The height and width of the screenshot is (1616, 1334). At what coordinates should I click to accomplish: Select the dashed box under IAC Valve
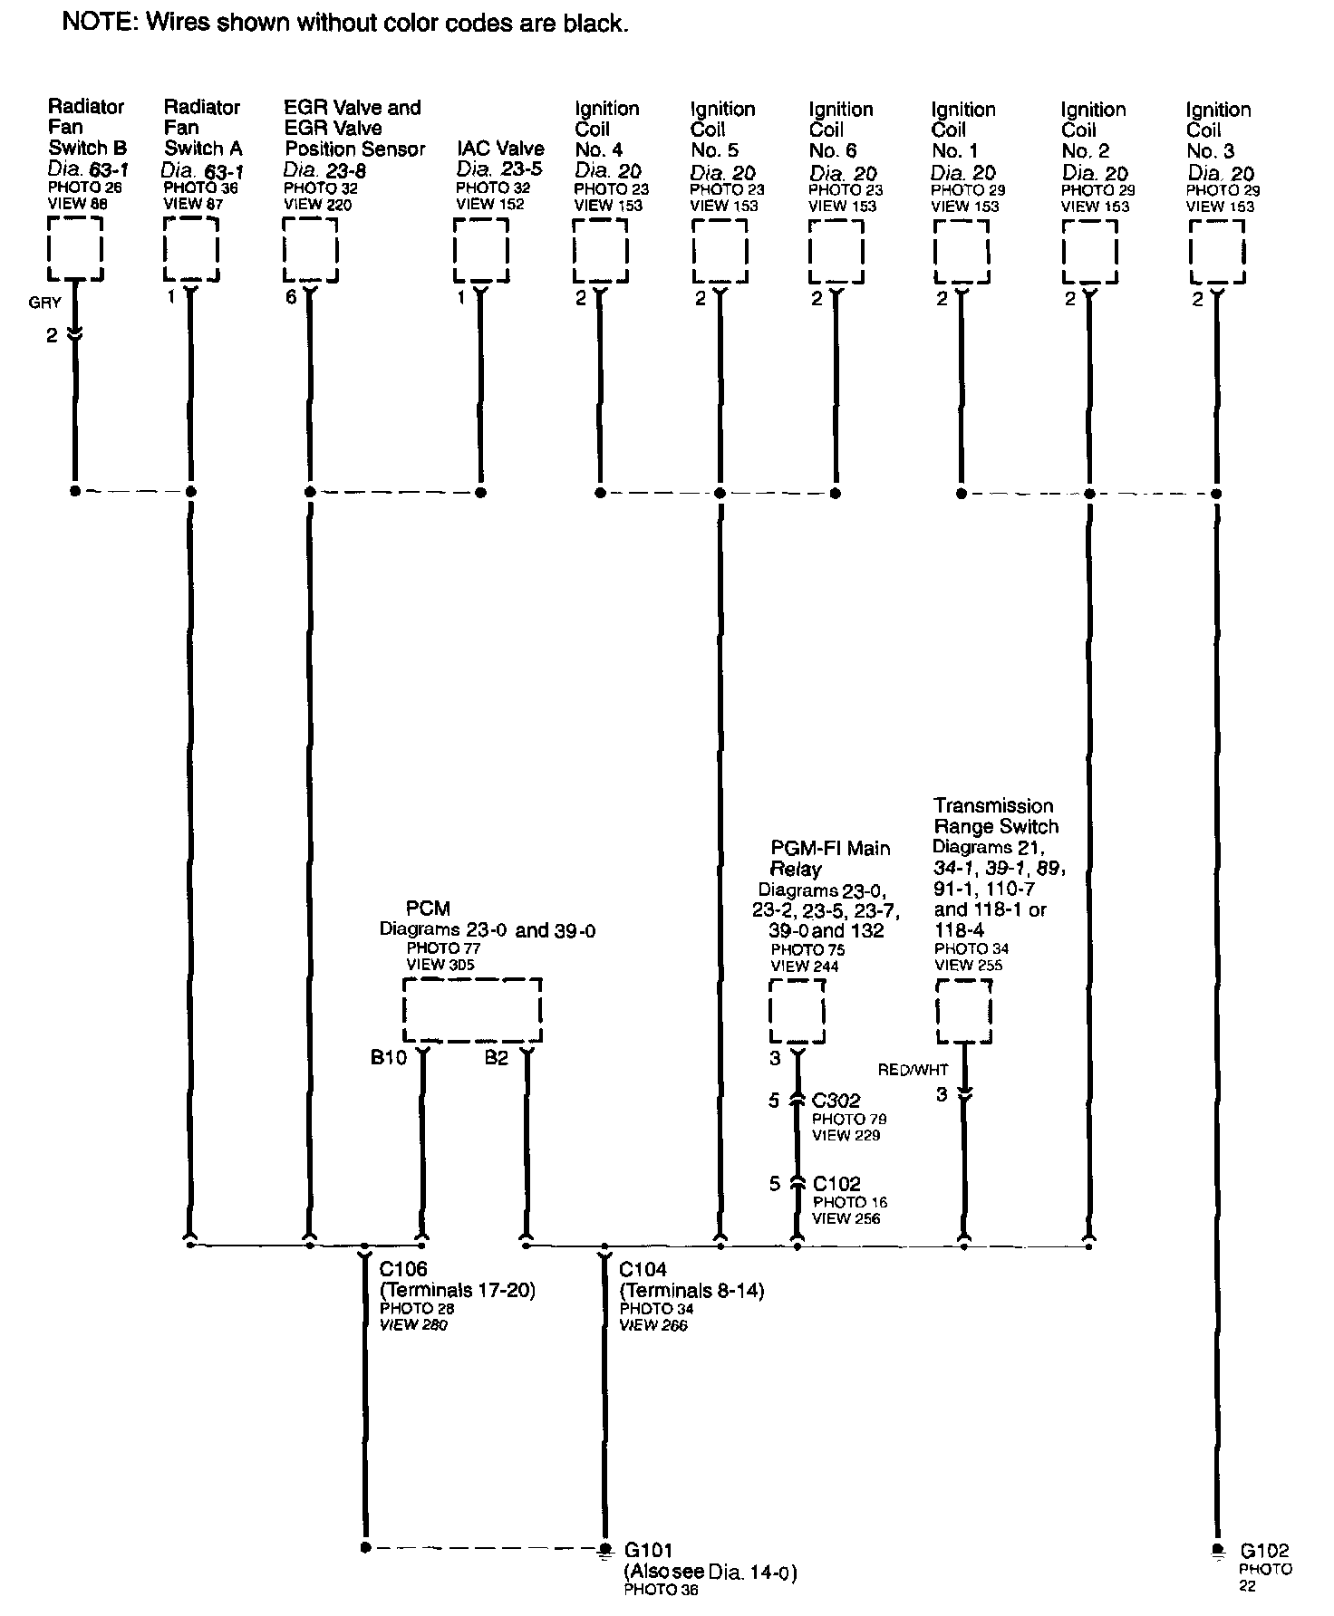pyautogui.click(x=480, y=250)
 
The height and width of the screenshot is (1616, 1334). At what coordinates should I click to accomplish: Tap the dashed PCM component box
pyautogui.click(x=472, y=1010)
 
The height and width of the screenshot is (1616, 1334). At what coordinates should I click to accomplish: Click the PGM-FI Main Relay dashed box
pyautogui.click(x=797, y=1011)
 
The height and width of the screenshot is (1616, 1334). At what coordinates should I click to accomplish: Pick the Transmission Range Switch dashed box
pyautogui.click(x=963, y=1011)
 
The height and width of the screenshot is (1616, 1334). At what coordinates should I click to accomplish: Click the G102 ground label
pyautogui.click(x=1264, y=1550)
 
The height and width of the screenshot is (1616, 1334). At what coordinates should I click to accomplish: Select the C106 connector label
pyautogui.click(x=403, y=1270)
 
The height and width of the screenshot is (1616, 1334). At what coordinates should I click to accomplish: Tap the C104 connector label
pyautogui.click(x=643, y=1270)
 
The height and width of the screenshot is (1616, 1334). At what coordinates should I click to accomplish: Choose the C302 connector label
pyautogui.click(x=836, y=1101)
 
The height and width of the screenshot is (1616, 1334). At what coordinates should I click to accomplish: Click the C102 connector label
pyautogui.click(x=836, y=1184)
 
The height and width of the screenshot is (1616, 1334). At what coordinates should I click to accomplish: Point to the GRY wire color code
pyautogui.click(x=44, y=303)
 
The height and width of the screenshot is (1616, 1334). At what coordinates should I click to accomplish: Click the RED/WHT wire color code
pyautogui.click(x=913, y=1070)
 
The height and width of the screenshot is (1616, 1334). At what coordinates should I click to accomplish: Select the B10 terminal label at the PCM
pyautogui.click(x=389, y=1058)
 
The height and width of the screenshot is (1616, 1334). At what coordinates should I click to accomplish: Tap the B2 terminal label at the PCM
pyautogui.click(x=496, y=1058)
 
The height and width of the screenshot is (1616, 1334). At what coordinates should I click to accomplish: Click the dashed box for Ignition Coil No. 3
pyautogui.click(x=1216, y=252)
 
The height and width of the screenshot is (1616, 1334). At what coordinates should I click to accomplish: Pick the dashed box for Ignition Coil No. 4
pyautogui.click(x=600, y=251)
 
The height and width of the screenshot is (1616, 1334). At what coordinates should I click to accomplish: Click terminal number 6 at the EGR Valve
pyautogui.click(x=291, y=297)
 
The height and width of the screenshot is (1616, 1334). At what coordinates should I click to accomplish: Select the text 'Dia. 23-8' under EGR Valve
pyautogui.click(x=324, y=169)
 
